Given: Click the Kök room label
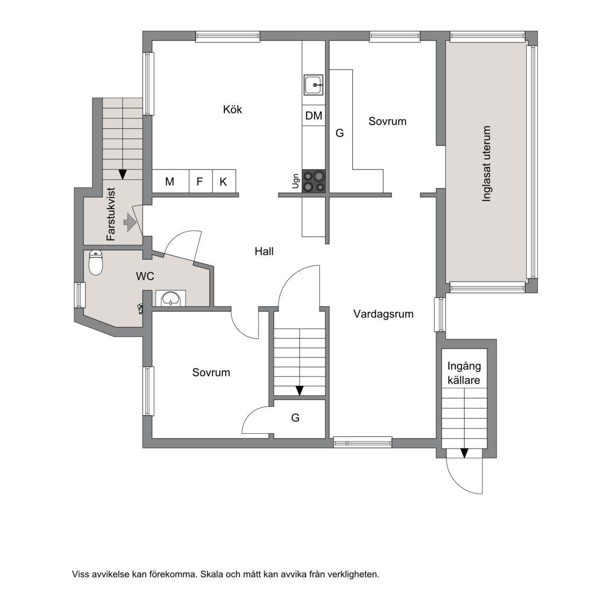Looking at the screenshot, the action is tap(232, 109).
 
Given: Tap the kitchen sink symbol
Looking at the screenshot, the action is tap(313, 85).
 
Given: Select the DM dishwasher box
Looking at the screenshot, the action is tap(313, 115).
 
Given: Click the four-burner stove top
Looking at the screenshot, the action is tap(314, 181).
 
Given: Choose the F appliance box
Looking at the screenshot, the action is tap(201, 181).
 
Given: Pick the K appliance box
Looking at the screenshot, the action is tap(224, 181).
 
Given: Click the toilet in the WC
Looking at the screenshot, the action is tap(96, 263).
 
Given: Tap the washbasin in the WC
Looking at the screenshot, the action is tap(171, 299).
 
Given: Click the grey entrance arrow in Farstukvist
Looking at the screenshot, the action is tap(130, 222).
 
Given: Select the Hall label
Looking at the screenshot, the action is tap(264, 252).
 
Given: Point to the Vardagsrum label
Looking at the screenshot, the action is tap(383, 314).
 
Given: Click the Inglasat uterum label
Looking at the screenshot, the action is tap(486, 164).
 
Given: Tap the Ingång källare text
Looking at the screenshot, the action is tap(464, 373).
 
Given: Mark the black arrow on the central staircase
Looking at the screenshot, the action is tap(300, 391).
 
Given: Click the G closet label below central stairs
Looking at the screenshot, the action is tap(295, 418).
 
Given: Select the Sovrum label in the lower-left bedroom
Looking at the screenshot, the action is tap(211, 372).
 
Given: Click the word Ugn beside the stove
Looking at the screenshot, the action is tap(295, 181).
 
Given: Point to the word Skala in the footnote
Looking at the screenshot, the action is tap(213, 574).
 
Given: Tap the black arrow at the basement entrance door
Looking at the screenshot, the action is tap(464, 453).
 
